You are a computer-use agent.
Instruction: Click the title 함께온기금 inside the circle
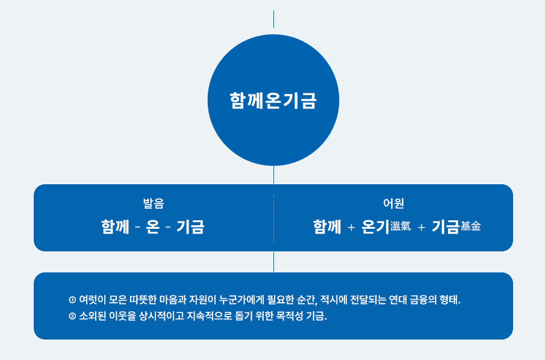(x=273, y=101)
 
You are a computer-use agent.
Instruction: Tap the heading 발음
(x=153, y=203)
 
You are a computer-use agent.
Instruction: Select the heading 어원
(x=393, y=203)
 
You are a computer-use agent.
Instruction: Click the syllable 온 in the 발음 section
(x=153, y=227)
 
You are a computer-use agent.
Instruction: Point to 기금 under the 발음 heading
(x=190, y=227)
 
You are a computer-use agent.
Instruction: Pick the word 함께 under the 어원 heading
(x=327, y=227)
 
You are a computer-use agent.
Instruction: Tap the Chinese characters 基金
(x=471, y=226)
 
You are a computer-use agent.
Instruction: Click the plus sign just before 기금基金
(x=422, y=228)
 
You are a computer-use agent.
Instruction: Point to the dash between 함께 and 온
(x=138, y=228)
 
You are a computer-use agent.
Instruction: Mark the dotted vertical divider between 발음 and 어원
(x=273, y=218)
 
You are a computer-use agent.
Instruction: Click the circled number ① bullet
(x=72, y=300)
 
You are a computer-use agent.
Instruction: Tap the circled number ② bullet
(x=72, y=316)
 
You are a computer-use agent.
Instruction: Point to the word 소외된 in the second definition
(x=93, y=316)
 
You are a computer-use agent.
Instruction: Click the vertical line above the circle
(x=273, y=19)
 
